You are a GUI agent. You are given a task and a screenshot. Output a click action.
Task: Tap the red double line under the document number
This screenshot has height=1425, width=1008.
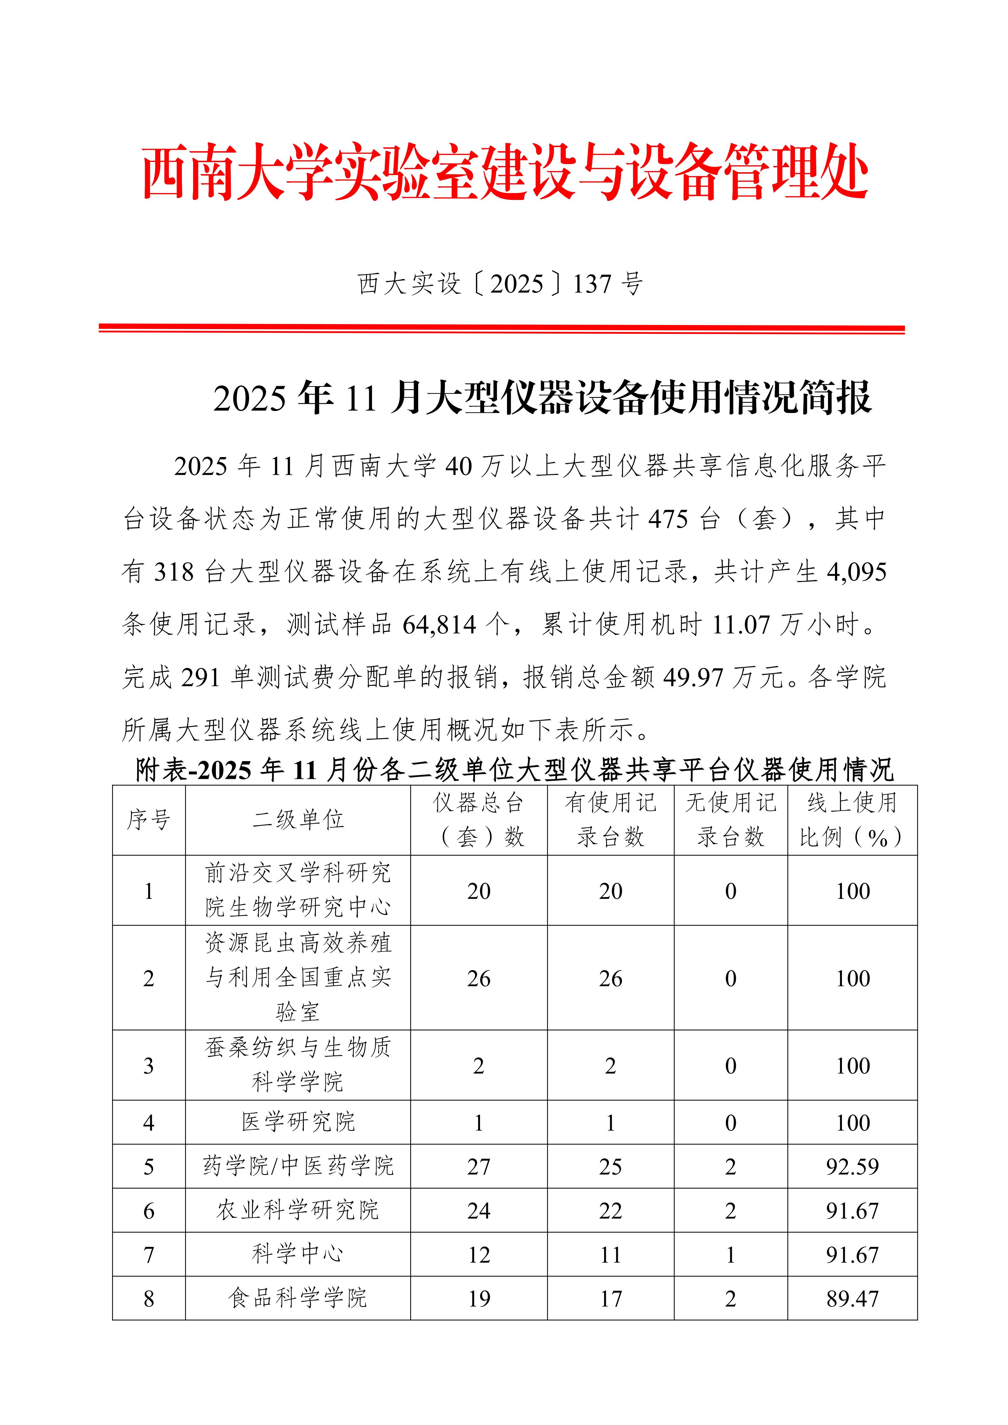(x=502, y=328)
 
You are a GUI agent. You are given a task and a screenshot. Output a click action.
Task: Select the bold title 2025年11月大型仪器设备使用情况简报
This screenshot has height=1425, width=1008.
(x=542, y=398)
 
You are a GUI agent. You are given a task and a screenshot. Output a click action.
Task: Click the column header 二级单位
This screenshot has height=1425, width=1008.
(x=298, y=820)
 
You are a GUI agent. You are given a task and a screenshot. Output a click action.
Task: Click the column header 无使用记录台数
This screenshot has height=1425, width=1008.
(x=731, y=820)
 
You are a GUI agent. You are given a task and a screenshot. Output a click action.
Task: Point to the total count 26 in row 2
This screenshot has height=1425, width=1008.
(x=478, y=979)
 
